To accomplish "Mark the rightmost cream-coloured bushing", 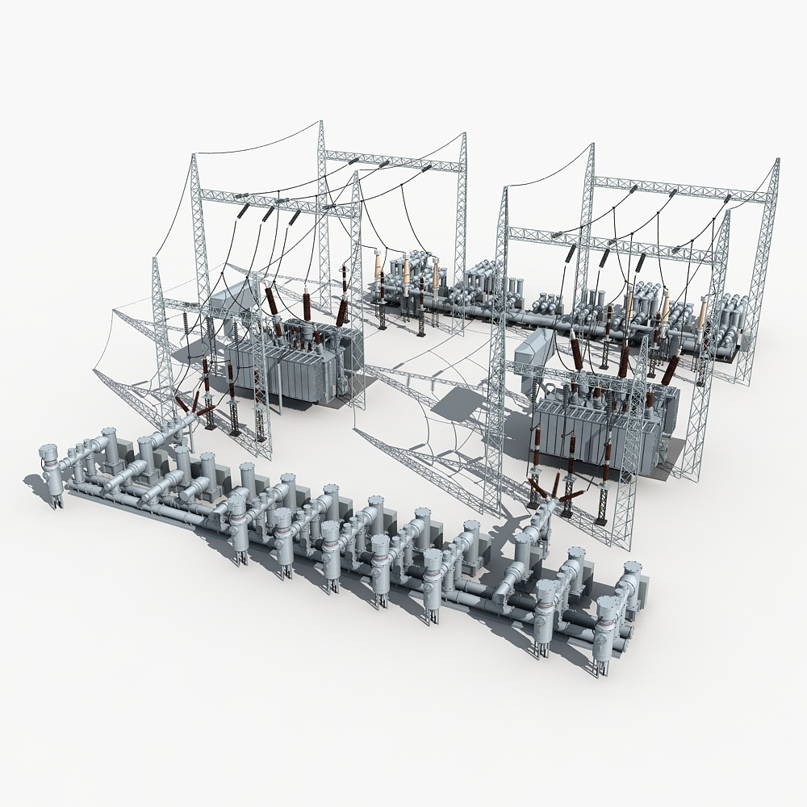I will pos(702,314).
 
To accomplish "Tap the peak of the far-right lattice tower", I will pos(777,161).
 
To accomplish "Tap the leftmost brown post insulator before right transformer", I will pos(534,452).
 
